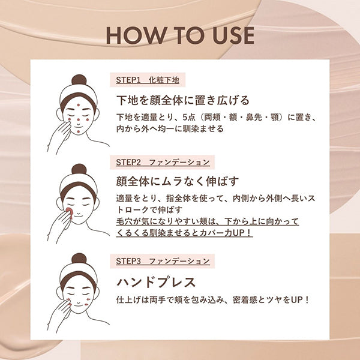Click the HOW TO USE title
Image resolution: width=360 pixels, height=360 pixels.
(x=179, y=35)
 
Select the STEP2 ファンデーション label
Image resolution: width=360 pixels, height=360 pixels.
(x=163, y=162)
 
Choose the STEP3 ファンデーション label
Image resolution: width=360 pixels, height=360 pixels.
(x=163, y=261)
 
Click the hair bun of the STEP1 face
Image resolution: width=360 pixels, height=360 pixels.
(x=79, y=80)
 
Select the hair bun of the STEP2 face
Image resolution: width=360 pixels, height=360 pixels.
(x=79, y=170)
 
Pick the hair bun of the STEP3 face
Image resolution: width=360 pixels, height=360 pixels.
(x=79, y=259)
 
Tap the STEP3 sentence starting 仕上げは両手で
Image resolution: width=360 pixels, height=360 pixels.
(x=213, y=299)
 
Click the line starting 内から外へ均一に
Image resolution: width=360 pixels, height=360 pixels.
(x=171, y=128)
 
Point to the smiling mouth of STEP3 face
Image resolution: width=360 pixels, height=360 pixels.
(x=79, y=303)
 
